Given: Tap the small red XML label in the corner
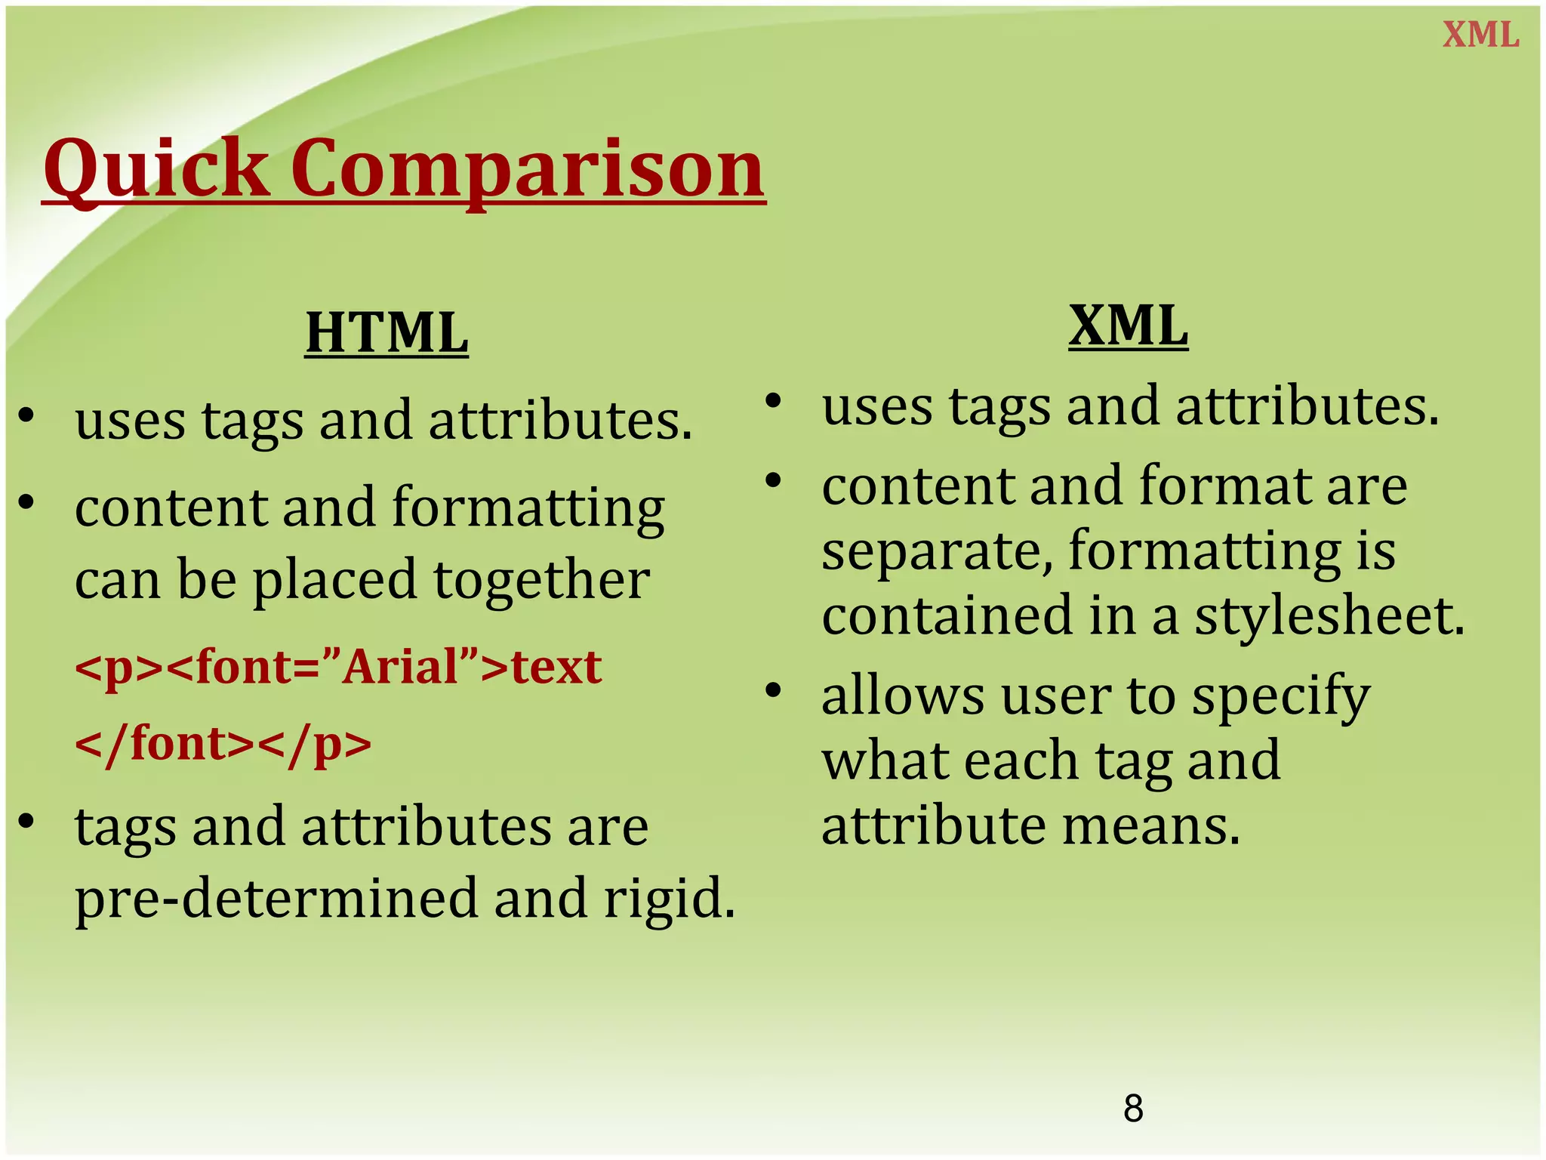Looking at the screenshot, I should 1480,35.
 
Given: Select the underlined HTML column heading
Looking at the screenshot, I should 386,333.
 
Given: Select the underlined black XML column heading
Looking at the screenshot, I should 1129,325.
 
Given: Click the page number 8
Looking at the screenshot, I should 1133,1109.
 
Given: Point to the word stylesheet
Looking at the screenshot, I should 1329,615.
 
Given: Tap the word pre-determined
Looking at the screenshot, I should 276,899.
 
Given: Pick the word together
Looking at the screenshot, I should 541,580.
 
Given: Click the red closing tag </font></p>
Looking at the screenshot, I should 223,745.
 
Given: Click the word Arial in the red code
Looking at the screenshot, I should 400,668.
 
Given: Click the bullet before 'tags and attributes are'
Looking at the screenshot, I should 26,821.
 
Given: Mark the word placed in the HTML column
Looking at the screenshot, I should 334,580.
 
